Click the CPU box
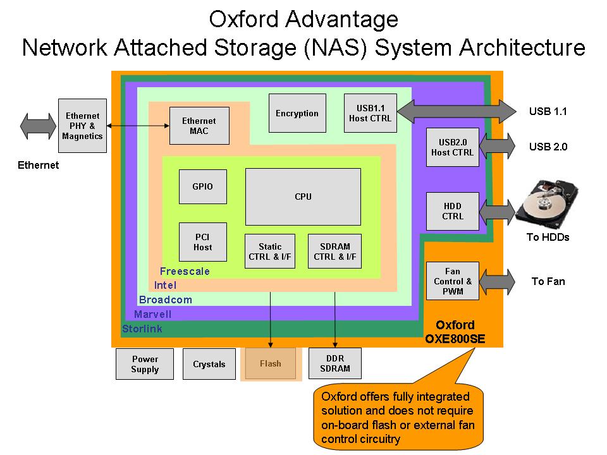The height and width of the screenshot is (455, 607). pyautogui.click(x=303, y=197)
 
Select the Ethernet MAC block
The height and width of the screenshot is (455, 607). pyautogui.click(x=199, y=126)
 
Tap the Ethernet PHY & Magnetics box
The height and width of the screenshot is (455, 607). pyautogui.click(x=82, y=126)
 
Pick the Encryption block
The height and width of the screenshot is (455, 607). pyautogui.click(x=297, y=113)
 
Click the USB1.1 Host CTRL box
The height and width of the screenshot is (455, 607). pyautogui.click(x=371, y=113)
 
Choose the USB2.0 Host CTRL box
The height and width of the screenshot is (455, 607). pyautogui.click(x=453, y=147)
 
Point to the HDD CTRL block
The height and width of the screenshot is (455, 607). pyautogui.click(x=453, y=211)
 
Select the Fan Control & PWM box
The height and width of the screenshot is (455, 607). pyautogui.click(x=453, y=281)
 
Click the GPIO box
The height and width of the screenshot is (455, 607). pyautogui.click(x=202, y=186)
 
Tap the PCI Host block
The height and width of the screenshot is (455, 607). pyautogui.click(x=202, y=242)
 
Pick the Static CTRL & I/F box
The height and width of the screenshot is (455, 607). pyautogui.click(x=270, y=252)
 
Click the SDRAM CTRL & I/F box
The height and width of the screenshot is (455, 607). pyautogui.click(x=335, y=252)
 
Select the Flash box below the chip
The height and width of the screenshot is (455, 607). pyautogui.click(x=270, y=363)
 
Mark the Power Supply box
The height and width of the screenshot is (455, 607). pyautogui.click(x=144, y=364)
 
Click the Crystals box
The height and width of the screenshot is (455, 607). pyautogui.click(x=209, y=364)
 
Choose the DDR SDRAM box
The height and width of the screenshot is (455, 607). pyautogui.click(x=335, y=363)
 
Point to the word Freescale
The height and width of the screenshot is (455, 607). pyautogui.click(x=185, y=272)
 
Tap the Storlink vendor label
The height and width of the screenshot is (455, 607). pyautogui.click(x=142, y=329)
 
